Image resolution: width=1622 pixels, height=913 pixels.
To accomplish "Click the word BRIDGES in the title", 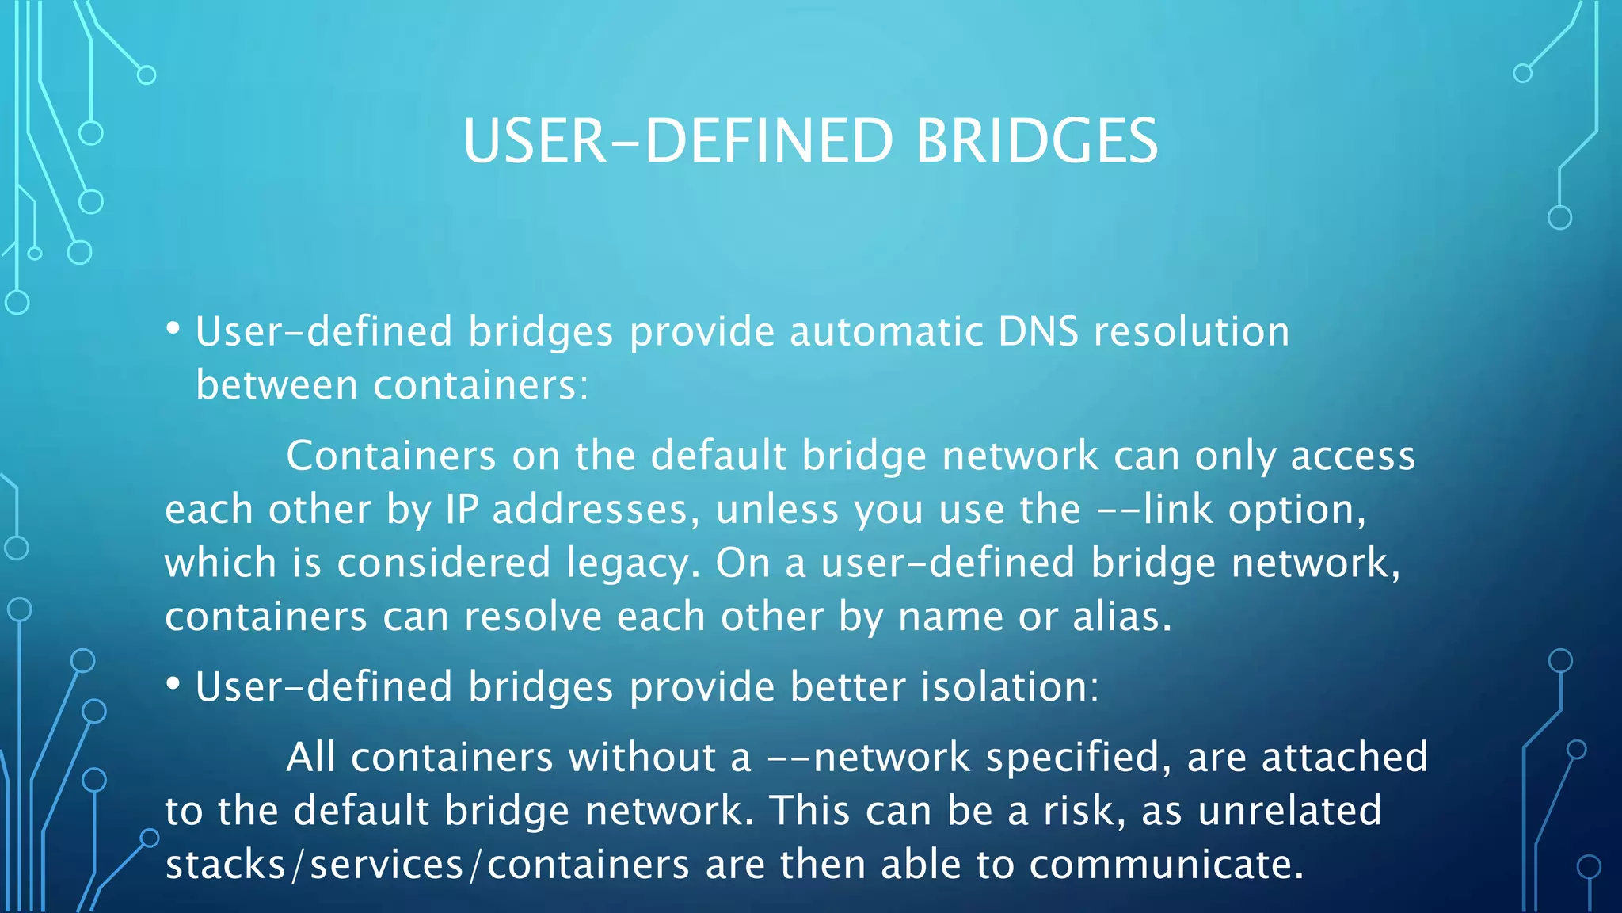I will click(x=1036, y=141).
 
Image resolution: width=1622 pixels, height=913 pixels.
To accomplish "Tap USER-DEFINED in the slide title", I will click(x=678, y=141).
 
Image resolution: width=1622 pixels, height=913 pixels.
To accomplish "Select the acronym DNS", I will click(x=1038, y=331).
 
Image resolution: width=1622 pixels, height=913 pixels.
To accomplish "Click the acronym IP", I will click(x=461, y=510).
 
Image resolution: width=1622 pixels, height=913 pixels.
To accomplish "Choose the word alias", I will click(x=1121, y=617).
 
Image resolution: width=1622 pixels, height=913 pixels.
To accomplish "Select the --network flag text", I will click(x=868, y=757).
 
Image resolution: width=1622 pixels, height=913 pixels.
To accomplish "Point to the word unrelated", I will click(x=1289, y=811).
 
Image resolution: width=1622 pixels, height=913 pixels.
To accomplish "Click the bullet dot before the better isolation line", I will click(x=173, y=684).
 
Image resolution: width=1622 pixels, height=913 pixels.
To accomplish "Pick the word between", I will click(x=276, y=386).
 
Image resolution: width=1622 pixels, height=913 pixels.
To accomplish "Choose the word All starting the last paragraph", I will click(x=310, y=757).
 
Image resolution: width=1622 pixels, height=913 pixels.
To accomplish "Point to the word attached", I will click(x=1344, y=757).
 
